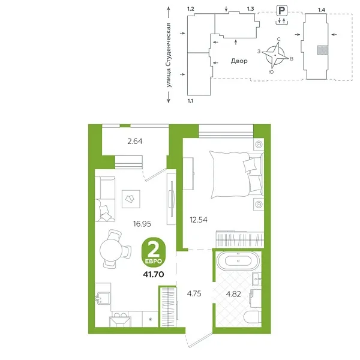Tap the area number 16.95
tap(142, 223)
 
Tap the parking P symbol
tap(280, 10)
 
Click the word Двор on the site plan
tap(239, 61)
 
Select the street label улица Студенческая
tap(170, 56)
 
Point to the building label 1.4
tap(322, 10)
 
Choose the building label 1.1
tap(191, 101)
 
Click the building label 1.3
tap(251, 10)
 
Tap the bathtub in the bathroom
tap(238, 260)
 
